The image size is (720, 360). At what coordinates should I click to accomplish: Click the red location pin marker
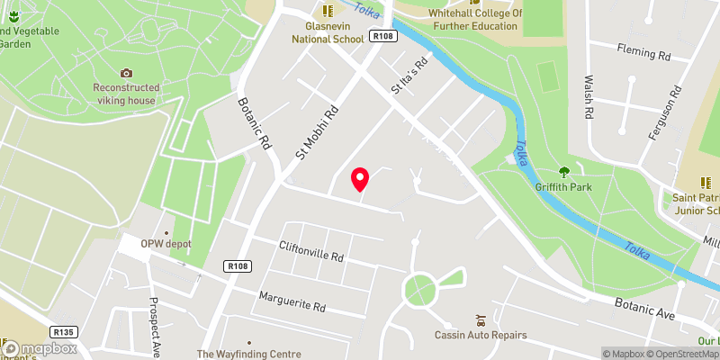tap(360, 179)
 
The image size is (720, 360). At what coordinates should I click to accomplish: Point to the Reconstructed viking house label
tap(126, 94)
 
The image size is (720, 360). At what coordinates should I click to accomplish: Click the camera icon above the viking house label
tap(126, 73)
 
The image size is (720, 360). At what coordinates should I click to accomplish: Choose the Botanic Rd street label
tap(255, 123)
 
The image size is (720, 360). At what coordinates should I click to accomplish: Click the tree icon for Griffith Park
tap(564, 172)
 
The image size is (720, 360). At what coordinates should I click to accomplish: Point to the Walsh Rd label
tap(589, 98)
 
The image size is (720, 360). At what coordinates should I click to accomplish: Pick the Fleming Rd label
tap(643, 56)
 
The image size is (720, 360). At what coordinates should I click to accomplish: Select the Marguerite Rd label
tap(292, 301)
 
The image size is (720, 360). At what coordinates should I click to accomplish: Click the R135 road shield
tap(63, 331)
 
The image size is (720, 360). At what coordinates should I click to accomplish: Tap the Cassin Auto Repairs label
tap(481, 335)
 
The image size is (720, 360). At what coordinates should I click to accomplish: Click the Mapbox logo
tap(40, 347)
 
